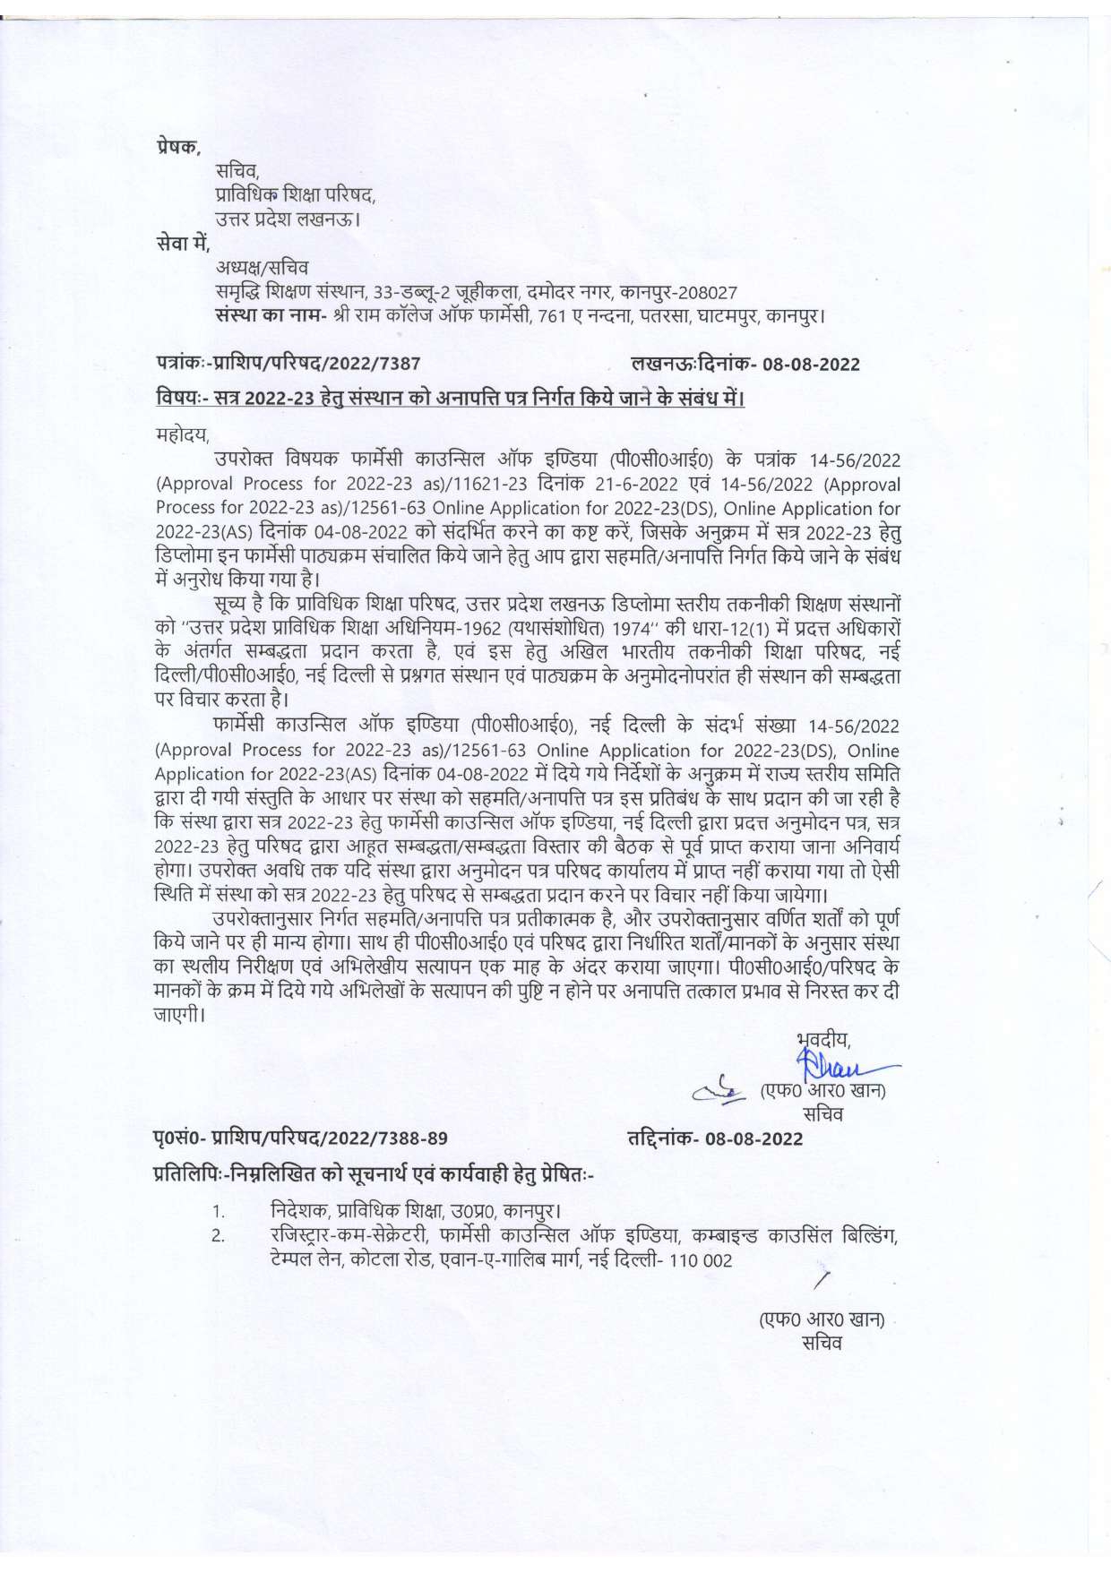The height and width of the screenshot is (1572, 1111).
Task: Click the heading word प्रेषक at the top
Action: coord(176,147)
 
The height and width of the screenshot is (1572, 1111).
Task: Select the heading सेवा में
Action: coord(182,242)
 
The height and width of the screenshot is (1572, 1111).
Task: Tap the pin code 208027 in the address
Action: coord(707,293)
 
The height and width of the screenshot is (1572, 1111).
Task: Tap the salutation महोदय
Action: coord(182,436)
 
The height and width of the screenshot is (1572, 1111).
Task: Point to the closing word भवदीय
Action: coord(823,1040)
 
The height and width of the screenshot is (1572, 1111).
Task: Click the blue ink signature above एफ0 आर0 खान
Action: coord(842,1068)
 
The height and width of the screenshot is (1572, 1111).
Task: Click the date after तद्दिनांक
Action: coord(754,1139)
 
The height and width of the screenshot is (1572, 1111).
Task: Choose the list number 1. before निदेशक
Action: coord(219,1212)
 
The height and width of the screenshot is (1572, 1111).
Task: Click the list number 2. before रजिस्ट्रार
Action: coord(219,1236)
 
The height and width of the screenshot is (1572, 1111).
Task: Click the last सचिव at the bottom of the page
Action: coord(822,1344)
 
